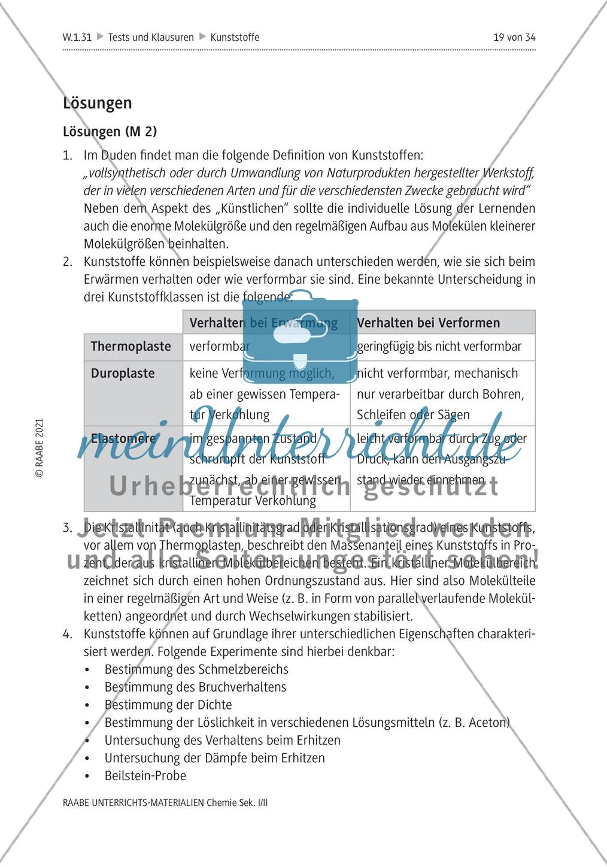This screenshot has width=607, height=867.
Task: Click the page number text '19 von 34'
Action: [514, 37]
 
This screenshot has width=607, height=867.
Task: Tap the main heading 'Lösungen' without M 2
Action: [97, 103]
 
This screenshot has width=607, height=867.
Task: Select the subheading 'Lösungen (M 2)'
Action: [110, 132]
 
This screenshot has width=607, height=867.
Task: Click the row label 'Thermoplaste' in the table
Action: [130, 347]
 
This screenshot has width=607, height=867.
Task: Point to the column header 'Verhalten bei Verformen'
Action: [428, 323]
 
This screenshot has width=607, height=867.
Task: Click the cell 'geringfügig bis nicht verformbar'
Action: [439, 347]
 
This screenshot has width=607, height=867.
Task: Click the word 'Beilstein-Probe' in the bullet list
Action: [145, 776]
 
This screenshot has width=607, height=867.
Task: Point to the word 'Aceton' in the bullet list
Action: [488, 723]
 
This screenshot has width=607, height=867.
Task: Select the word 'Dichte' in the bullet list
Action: [214, 705]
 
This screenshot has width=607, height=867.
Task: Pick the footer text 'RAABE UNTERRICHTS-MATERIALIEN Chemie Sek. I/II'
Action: [165, 803]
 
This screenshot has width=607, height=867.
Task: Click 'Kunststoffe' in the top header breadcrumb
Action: [235, 37]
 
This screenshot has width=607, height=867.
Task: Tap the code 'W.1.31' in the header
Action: [77, 37]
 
